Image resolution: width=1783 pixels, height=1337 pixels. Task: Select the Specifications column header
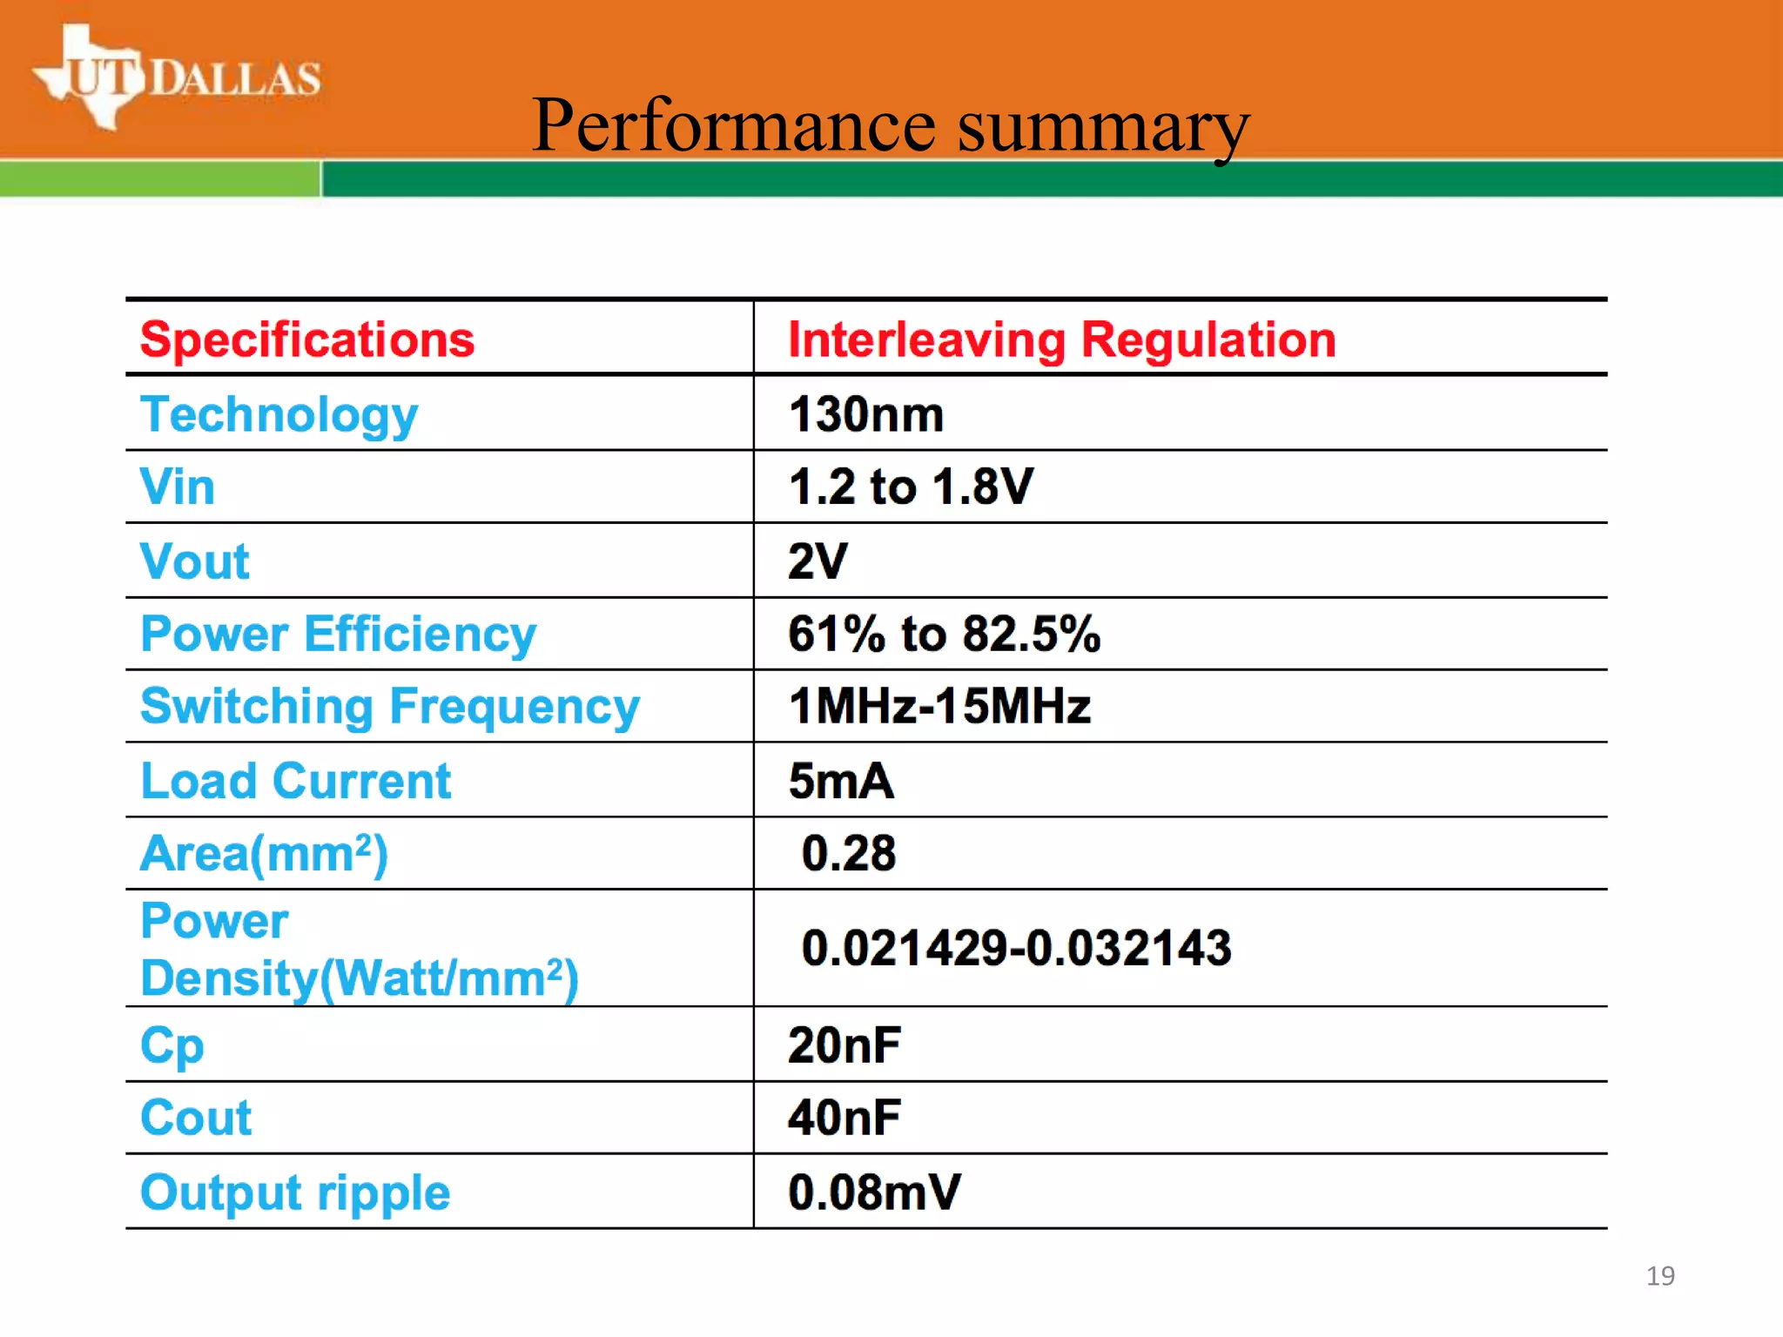click(x=307, y=339)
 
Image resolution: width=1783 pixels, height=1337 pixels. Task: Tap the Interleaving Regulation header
click(x=1061, y=339)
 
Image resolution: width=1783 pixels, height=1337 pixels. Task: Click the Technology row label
click(x=279, y=414)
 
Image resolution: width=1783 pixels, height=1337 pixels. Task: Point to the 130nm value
click(x=866, y=414)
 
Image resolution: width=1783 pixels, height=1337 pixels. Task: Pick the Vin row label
click(x=178, y=487)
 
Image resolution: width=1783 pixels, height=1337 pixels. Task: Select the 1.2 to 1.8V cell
click(x=911, y=487)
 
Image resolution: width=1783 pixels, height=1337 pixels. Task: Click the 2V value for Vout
click(x=817, y=561)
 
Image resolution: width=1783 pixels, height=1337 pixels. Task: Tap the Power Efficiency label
click(x=339, y=634)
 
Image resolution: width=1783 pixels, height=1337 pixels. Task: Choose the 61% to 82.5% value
click(x=944, y=634)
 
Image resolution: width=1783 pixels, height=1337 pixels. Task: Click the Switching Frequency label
click(x=390, y=706)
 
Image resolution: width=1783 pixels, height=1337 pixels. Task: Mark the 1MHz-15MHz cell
click(x=939, y=706)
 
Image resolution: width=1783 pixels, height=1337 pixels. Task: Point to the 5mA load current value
click(x=841, y=781)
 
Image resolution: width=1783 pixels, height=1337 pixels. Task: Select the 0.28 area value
click(x=849, y=853)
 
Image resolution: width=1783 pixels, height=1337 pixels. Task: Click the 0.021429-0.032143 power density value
click(x=1016, y=948)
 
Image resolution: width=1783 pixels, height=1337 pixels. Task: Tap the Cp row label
click(x=172, y=1045)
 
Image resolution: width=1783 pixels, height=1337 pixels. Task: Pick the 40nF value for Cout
click(x=844, y=1118)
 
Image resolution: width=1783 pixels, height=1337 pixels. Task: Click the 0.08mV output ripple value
click(x=874, y=1193)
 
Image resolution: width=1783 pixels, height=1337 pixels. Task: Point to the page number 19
click(x=1660, y=1276)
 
